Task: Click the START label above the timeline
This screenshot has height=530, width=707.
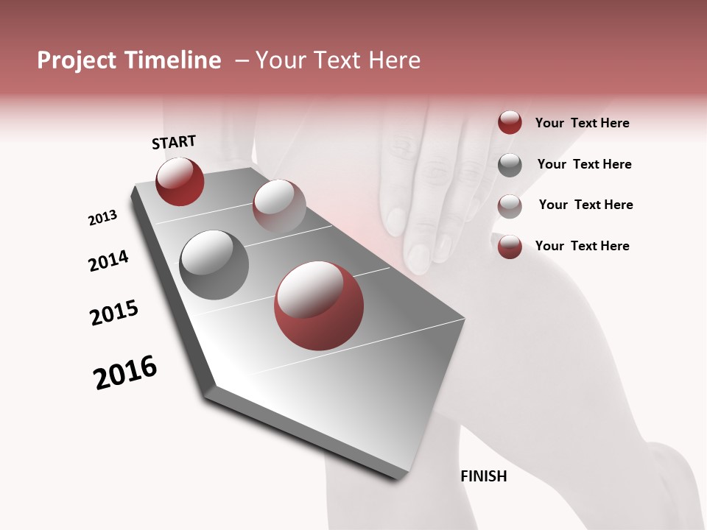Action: tap(174, 142)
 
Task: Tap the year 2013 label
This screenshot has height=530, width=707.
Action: tap(102, 218)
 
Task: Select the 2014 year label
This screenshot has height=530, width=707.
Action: tap(108, 261)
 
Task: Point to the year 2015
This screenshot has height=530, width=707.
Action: tap(114, 313)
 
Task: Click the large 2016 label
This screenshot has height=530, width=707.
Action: tap(125, 372)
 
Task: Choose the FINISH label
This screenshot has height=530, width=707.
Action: tap(483, 476)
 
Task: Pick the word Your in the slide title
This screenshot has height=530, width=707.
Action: tap(281, 60)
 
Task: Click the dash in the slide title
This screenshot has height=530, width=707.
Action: tap(241, 60)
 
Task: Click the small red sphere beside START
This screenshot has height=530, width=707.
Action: tap(180, 181)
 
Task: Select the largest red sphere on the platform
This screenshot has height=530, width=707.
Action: tap(318, 305)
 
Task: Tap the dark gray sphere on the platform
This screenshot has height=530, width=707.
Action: tap(214, 265)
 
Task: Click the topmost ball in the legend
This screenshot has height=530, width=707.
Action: tap(510, 122)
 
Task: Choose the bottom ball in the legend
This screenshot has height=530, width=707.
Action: tap(510, 247)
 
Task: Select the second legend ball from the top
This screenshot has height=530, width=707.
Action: tap(510, 164)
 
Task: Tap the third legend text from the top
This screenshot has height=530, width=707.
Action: tap(585, 205)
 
